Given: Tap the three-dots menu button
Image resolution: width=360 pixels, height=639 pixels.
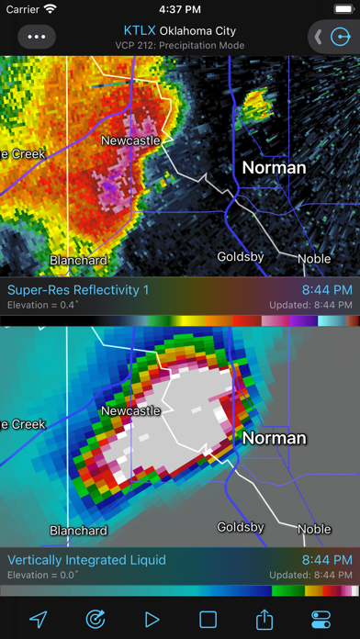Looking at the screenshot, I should (x=36, y=38).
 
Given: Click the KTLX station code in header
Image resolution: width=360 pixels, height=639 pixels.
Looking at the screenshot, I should (x=139, y=30).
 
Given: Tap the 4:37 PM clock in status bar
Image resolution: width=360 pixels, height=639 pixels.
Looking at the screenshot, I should (x=180, y=9).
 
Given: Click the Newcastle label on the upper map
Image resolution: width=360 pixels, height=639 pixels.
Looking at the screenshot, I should (x=129, y=140).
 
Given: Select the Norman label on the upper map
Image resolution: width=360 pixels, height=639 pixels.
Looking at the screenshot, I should (x=274, y=168).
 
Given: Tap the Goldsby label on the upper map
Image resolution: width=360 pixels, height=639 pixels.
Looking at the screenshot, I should (x=241, y=257).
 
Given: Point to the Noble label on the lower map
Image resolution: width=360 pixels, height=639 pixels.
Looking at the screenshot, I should (x=314, y=529).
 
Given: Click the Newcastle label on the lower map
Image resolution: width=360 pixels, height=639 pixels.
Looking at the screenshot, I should (x=129, y=410).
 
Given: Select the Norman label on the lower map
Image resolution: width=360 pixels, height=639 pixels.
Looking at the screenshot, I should (x=274, y=438).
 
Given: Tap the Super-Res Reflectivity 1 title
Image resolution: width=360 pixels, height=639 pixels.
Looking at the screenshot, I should (x=78, y=290).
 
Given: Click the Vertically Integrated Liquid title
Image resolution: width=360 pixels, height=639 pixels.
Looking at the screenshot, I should (x=87, y=559).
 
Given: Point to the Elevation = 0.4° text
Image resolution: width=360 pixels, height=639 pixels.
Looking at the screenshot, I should (x=43, y=305).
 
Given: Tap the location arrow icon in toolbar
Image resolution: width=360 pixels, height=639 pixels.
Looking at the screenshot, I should (x=38, y=619).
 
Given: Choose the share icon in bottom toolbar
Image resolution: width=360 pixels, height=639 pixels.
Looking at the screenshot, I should (x=265, y=619).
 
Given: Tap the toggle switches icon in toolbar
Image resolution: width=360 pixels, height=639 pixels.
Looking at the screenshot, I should (x=322, y=619).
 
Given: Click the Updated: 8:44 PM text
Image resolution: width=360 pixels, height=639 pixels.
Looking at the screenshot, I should (x=310, y=305).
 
